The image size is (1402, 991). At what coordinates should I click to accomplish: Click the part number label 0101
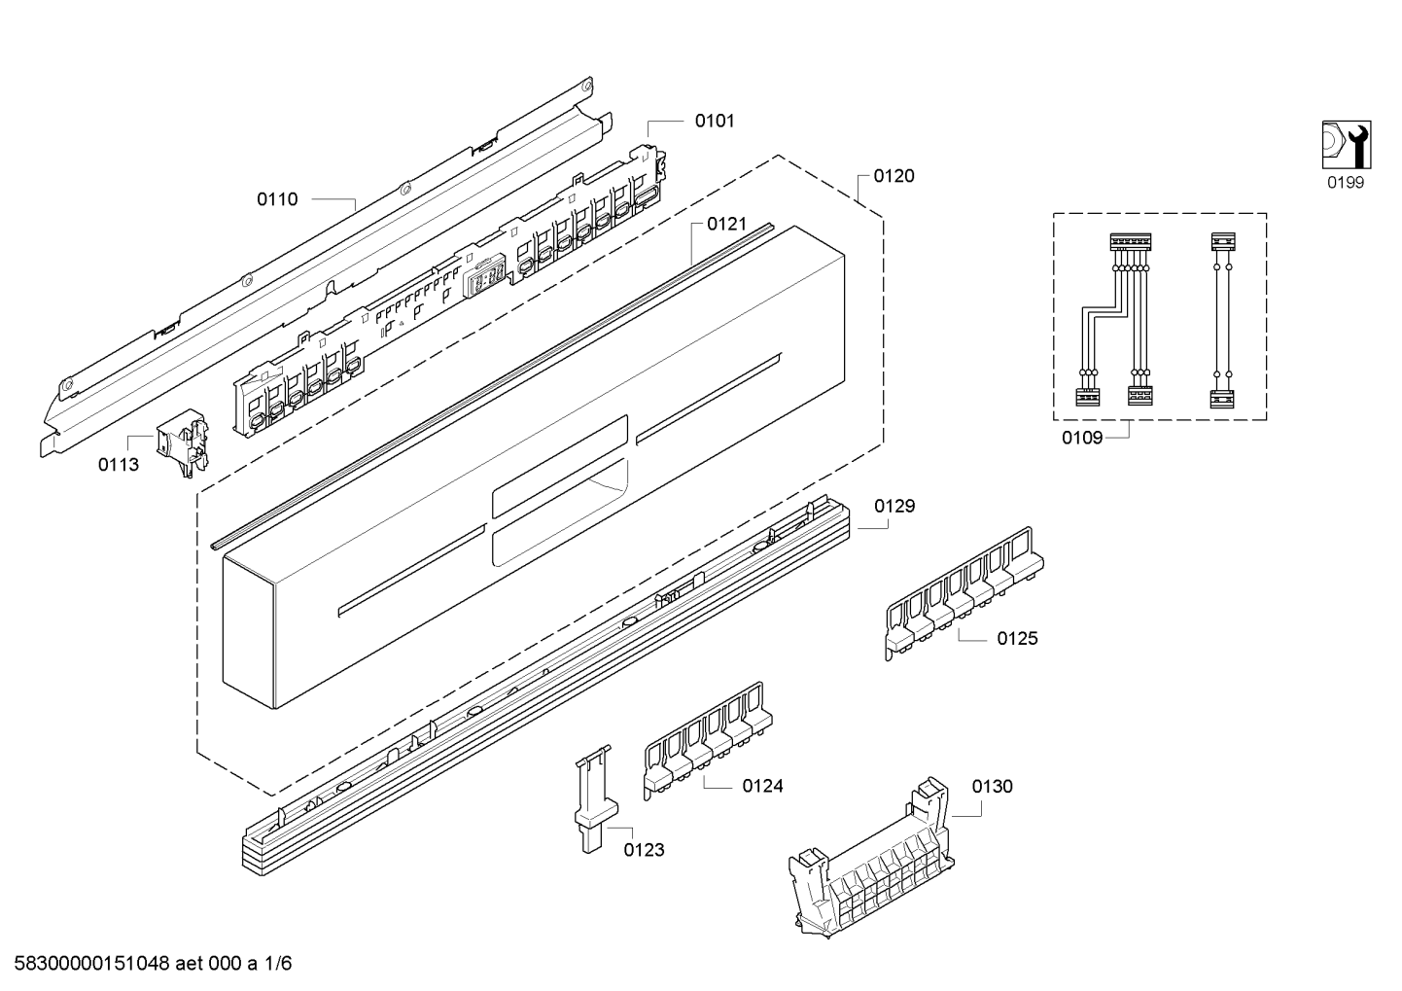coord(714,122)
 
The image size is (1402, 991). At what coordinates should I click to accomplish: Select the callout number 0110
coord(277,199)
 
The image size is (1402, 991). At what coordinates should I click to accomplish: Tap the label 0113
coord(119,465)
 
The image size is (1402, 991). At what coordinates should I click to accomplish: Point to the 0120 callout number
coord(894,176)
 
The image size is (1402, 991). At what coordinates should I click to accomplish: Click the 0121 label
coord(726,225)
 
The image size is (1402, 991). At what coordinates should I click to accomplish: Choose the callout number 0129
coord(894,506)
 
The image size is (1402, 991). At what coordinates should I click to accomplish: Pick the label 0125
coord(1017,639)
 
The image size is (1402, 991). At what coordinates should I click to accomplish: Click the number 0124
coord(762,786)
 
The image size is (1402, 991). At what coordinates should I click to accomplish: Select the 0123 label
coord(644,850)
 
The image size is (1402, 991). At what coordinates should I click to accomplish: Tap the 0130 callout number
coord(992,786)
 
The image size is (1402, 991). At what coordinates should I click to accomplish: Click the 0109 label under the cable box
coord(1082,438)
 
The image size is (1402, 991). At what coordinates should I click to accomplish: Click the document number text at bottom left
coord(147,964)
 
